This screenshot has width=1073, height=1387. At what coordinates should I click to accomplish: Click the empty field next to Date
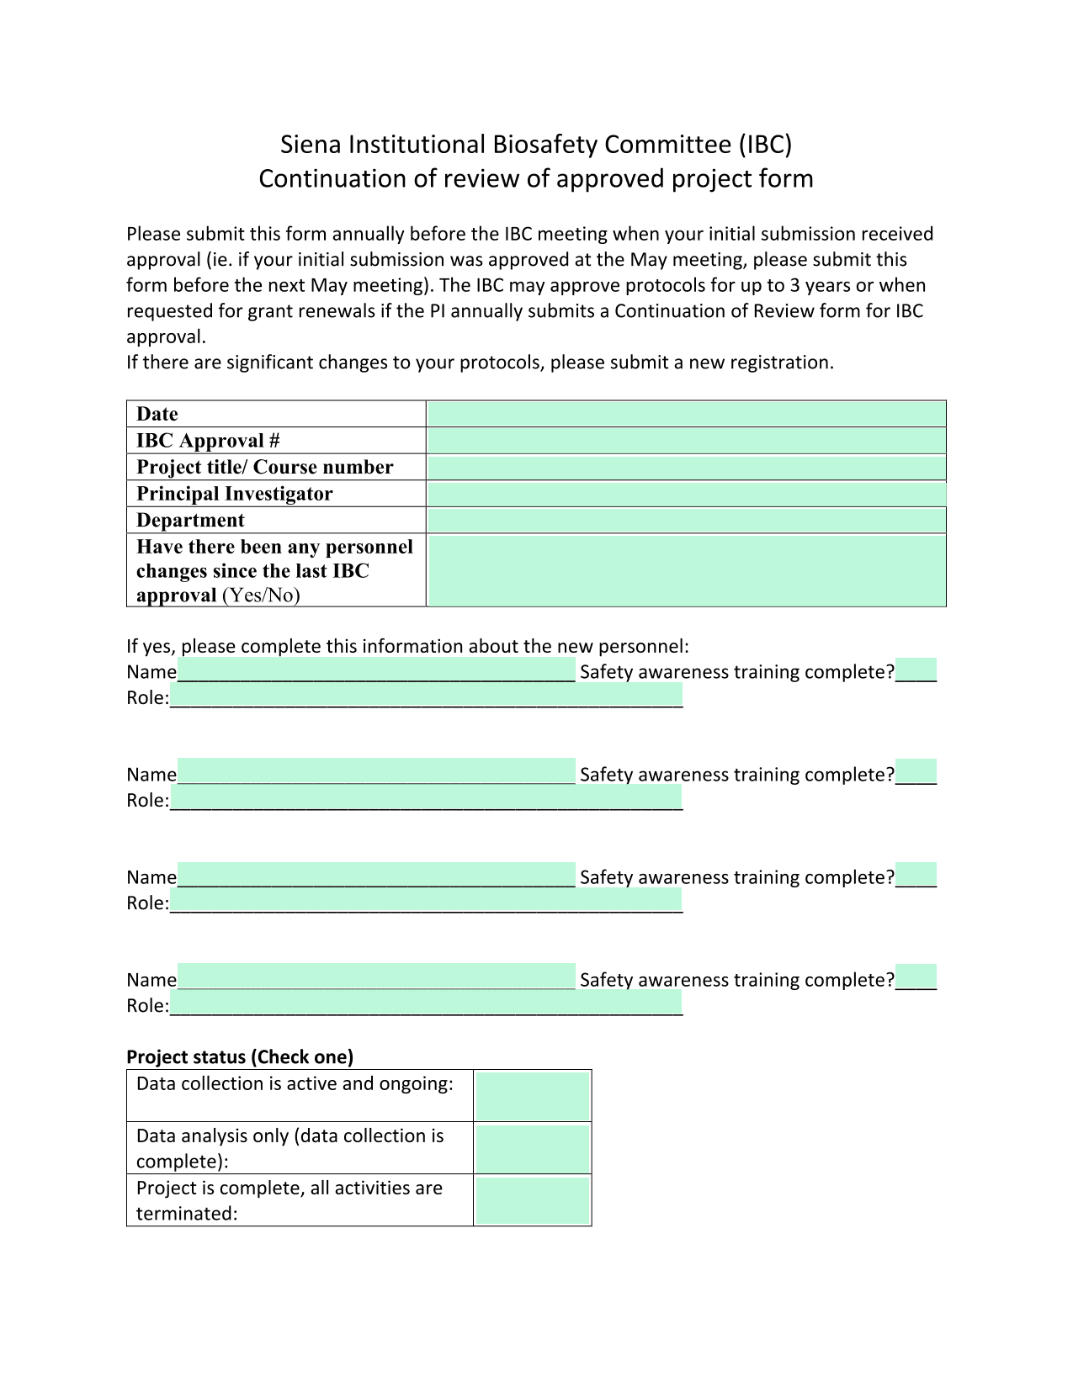point(686,414)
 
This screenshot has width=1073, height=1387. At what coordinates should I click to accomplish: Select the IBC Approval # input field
point(686,441)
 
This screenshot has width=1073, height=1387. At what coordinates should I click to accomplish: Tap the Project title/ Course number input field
point(686,467)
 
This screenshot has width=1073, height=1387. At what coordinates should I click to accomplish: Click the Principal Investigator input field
point(686,494)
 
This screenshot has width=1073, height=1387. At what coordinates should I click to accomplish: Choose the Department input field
point(686,520)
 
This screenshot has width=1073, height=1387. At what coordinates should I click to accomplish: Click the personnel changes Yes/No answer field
point(686,570)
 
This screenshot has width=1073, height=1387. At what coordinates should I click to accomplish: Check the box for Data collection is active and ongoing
point(532,1095)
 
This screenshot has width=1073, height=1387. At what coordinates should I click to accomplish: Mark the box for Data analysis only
point(532,1148)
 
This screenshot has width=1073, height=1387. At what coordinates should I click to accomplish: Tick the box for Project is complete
point(532,1200)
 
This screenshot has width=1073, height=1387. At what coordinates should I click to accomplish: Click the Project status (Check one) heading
point(240,1056)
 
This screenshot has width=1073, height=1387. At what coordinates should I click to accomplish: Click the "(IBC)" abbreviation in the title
point(765,145)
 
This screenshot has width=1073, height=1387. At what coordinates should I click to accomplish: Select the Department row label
point(190,520)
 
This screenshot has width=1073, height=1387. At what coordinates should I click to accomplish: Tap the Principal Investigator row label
point(235,494)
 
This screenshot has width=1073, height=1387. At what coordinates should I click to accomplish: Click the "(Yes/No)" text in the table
point(261,596)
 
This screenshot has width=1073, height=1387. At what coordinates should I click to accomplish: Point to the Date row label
point(157,414)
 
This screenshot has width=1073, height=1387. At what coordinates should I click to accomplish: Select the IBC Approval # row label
point(208,441)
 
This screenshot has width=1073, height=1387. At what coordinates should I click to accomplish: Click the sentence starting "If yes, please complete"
point(407,646)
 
